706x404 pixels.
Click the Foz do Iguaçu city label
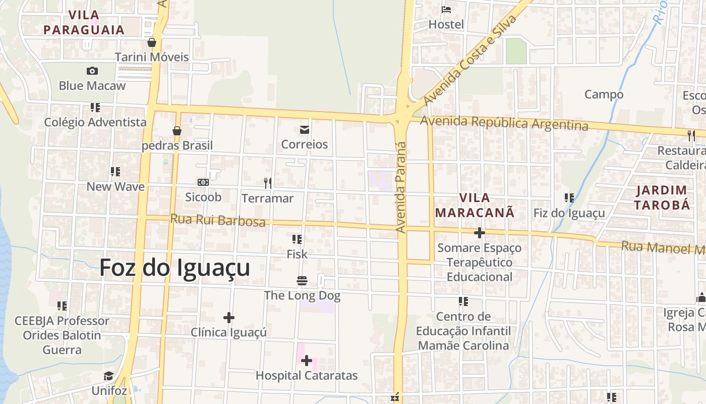click(x=174, y=268)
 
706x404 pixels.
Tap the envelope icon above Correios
click(x=305, y=130)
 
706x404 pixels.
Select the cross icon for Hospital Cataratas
click(x=306, y=361)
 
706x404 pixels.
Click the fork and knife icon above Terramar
click(x=268, y=183)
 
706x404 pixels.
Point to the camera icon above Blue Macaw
click(x=92, y=71)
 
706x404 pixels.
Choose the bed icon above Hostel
click(x=446, y=10)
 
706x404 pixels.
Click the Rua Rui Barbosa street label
click(x=218, y=221)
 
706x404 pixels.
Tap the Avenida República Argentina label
click(x=504, y=123)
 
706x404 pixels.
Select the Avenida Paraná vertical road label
click(x=401, y=187)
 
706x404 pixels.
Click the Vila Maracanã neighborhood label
click(x=475, y=205)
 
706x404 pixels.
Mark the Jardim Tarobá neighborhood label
click(x=662, y=197)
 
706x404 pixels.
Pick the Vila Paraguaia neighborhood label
click(x=84, y=22)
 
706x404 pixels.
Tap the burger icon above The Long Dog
click(x=302, y=281)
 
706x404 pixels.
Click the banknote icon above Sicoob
click(x=203, y=182)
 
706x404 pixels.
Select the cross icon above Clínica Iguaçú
click(x=229, y=318)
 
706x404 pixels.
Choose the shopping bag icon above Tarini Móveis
click(x=151, y=42)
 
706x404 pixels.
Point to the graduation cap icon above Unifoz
click(x=109, y=376)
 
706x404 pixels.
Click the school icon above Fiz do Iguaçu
click(x=569, y=198)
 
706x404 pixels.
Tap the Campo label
click(x=604, y=94)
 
